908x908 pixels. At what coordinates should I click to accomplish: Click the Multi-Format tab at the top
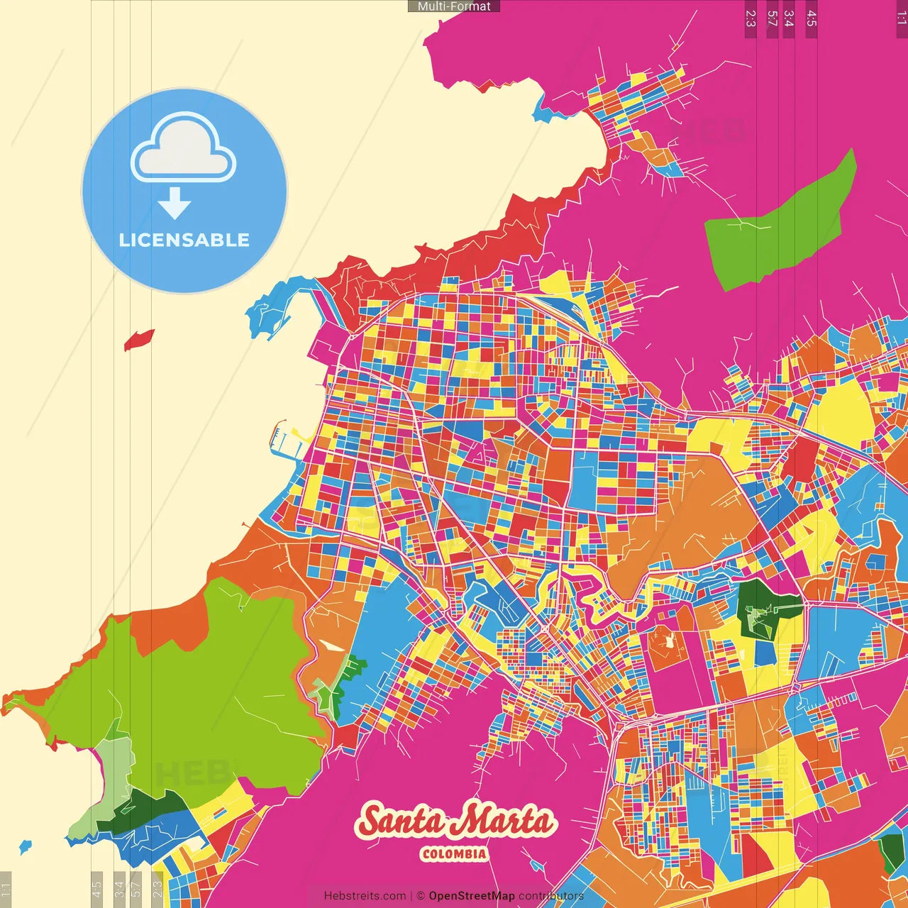(x=454, y=6)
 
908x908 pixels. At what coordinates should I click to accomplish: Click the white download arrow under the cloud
(x=175, y=204)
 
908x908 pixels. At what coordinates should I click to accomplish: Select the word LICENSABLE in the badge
(x=184, y=240)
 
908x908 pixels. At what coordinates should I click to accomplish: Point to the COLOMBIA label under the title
(x=454, y=854)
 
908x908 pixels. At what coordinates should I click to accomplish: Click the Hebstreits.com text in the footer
(x=365, y=896)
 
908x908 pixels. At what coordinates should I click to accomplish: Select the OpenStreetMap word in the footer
(x=472, y=896)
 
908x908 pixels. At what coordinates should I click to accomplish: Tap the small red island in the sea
(x=139, y=340)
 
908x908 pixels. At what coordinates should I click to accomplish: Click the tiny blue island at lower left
(x=26, y=846)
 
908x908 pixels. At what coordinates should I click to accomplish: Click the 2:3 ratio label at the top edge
(x=751, y=18)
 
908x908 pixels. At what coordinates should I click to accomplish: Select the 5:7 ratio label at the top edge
(x=772, y=18)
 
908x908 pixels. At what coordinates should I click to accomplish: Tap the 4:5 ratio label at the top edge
(x=812, y=18)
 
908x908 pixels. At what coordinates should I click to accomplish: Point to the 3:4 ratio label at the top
(x=788, y=18)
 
